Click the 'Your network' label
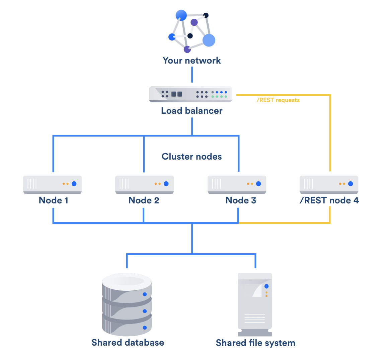coord(191,61)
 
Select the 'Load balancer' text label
coord(191,111)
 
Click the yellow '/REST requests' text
coord(278,100)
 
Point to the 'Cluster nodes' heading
coord(191,157)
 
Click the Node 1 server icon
coord(53,184)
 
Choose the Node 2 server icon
coord(144,184)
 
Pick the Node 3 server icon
coord(237,184)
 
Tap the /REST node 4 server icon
coord(329,184)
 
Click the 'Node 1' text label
coord(54,200)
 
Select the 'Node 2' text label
coord(144,200)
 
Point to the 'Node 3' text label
coord(241,200)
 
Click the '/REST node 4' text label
coord(329,200)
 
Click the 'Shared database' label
coord(128,343)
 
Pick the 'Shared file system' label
coord(255,343)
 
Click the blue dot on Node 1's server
coord(74,184)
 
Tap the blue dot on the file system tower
coord(266,286)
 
